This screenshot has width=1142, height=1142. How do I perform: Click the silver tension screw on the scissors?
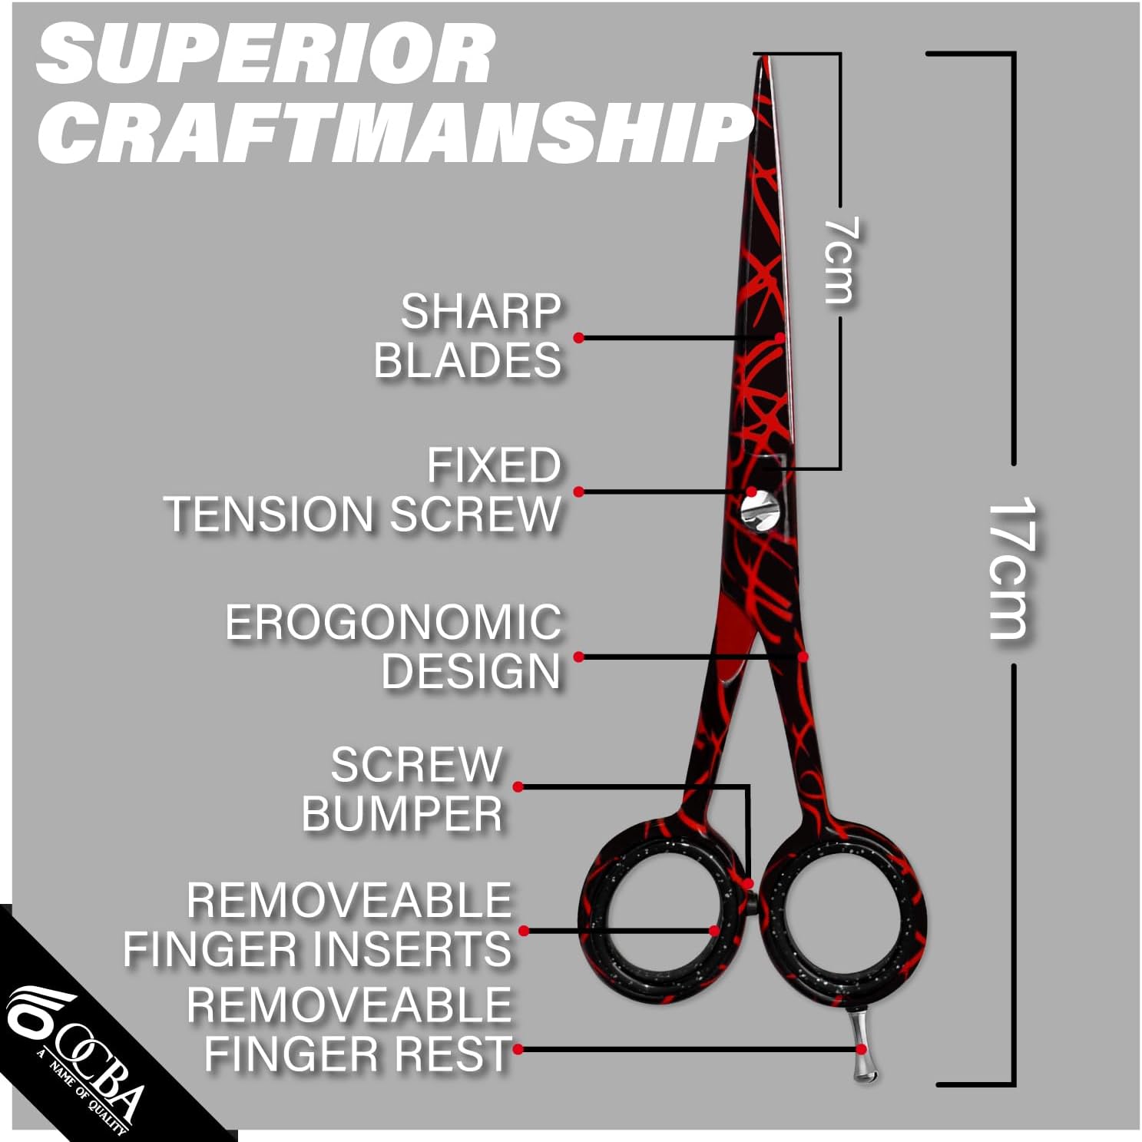(760, 511)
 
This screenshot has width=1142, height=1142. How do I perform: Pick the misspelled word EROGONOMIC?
(393, 622)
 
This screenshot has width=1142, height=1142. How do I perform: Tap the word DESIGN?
(472, 671)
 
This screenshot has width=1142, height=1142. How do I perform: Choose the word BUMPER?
(402, 814)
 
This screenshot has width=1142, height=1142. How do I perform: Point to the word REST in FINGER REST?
(468, 1053)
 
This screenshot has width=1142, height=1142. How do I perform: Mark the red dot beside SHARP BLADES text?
(578, 337)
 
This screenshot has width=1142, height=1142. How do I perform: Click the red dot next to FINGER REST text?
(518, 1049)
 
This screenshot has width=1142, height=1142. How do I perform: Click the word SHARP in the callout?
(481, 311)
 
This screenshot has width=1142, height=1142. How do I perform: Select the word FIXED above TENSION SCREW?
(494, 465)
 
